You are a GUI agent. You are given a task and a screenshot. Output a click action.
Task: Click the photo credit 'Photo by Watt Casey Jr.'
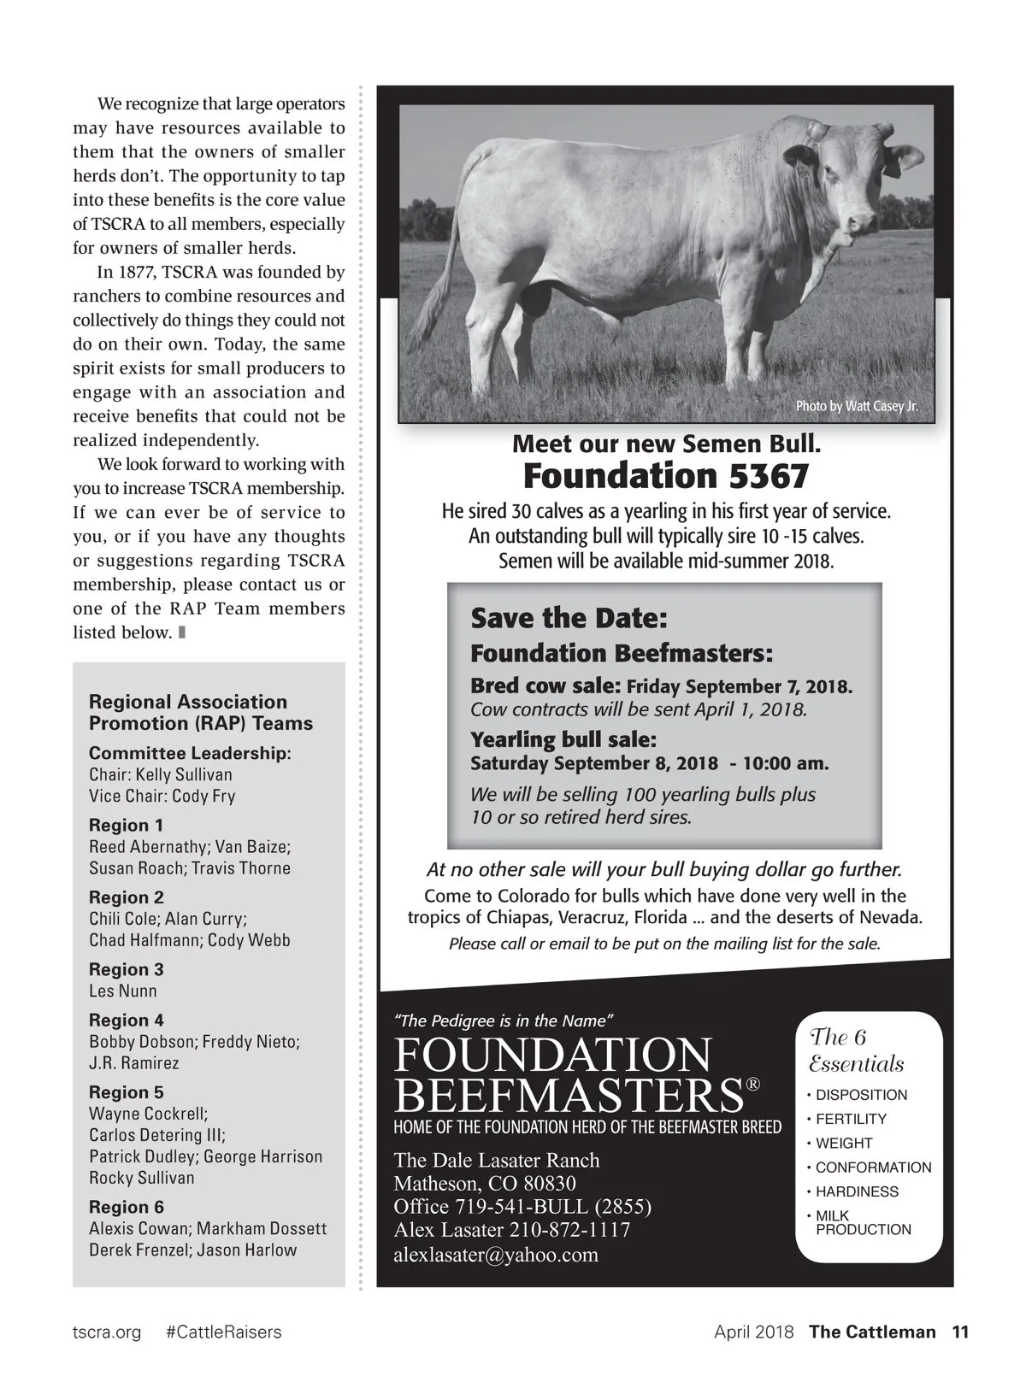tap(857, 406)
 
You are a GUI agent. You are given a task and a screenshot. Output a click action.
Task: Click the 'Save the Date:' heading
tap(569, 618)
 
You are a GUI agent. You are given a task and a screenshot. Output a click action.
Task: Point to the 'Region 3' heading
tap(126, 969)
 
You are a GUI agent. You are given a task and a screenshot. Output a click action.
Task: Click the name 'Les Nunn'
tap(123, 991)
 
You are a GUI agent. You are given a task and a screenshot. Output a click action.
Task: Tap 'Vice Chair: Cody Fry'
tap(162, 796)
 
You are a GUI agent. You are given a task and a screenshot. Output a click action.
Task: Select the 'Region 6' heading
tap(126, 1207)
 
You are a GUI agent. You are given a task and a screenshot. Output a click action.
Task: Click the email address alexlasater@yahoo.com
tap(496, 1255)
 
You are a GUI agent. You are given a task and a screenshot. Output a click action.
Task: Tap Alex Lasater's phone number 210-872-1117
tap(569, 1230)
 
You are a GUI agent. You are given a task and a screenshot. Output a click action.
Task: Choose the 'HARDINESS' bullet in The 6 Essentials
tap(856, 1191)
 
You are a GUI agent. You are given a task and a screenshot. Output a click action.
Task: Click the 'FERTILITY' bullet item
tap(851, 1119)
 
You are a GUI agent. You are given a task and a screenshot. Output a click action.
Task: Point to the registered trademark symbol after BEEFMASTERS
tap(752, 1084)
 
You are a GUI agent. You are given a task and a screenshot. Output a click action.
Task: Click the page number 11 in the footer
tap(960, 1332)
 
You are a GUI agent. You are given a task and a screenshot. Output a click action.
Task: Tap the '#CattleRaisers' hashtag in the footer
tap(223, 1332)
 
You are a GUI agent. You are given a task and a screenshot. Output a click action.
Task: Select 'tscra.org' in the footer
tap(107, 1332)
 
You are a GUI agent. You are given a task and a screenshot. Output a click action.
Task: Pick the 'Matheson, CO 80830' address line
tap(484, 1184)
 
